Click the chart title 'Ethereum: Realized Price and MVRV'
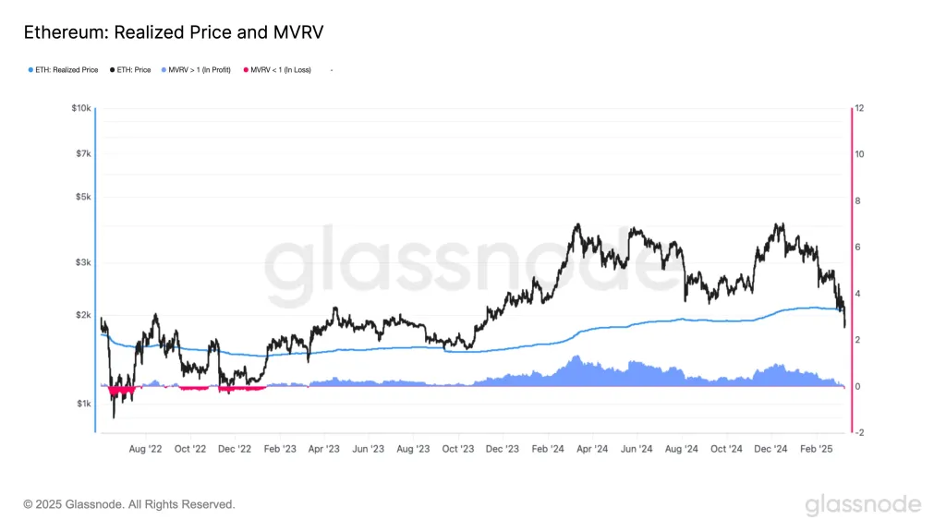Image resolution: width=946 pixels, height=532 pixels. pos(173,32)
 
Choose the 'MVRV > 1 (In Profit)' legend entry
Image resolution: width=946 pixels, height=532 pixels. pos(199,69)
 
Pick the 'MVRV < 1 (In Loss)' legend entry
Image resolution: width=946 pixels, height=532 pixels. pos(280,69)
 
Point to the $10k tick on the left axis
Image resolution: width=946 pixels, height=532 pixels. pos(81,108)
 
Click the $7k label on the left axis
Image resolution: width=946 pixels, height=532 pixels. pos(83,152)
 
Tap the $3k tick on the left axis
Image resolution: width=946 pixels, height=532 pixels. pos(83,263)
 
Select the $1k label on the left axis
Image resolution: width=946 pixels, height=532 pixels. pos(83,404)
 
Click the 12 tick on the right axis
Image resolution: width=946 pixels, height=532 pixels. pos(859,108)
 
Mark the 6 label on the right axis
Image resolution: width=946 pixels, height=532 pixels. pos(858,247)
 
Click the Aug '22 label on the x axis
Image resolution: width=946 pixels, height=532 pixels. pos(145,449)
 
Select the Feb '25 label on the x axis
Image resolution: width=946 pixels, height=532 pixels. pos(816,449)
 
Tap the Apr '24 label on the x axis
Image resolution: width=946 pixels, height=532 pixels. pos(592,449)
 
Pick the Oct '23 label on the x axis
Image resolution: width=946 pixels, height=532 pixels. pos(457,449)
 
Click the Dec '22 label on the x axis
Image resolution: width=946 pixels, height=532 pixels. pos(234,449)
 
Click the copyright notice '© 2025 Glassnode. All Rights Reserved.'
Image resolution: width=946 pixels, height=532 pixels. pos(128,504)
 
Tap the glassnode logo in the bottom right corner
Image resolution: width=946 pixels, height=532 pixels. pos(863,504)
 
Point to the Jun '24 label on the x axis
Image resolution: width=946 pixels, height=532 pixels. pos(637,449)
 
